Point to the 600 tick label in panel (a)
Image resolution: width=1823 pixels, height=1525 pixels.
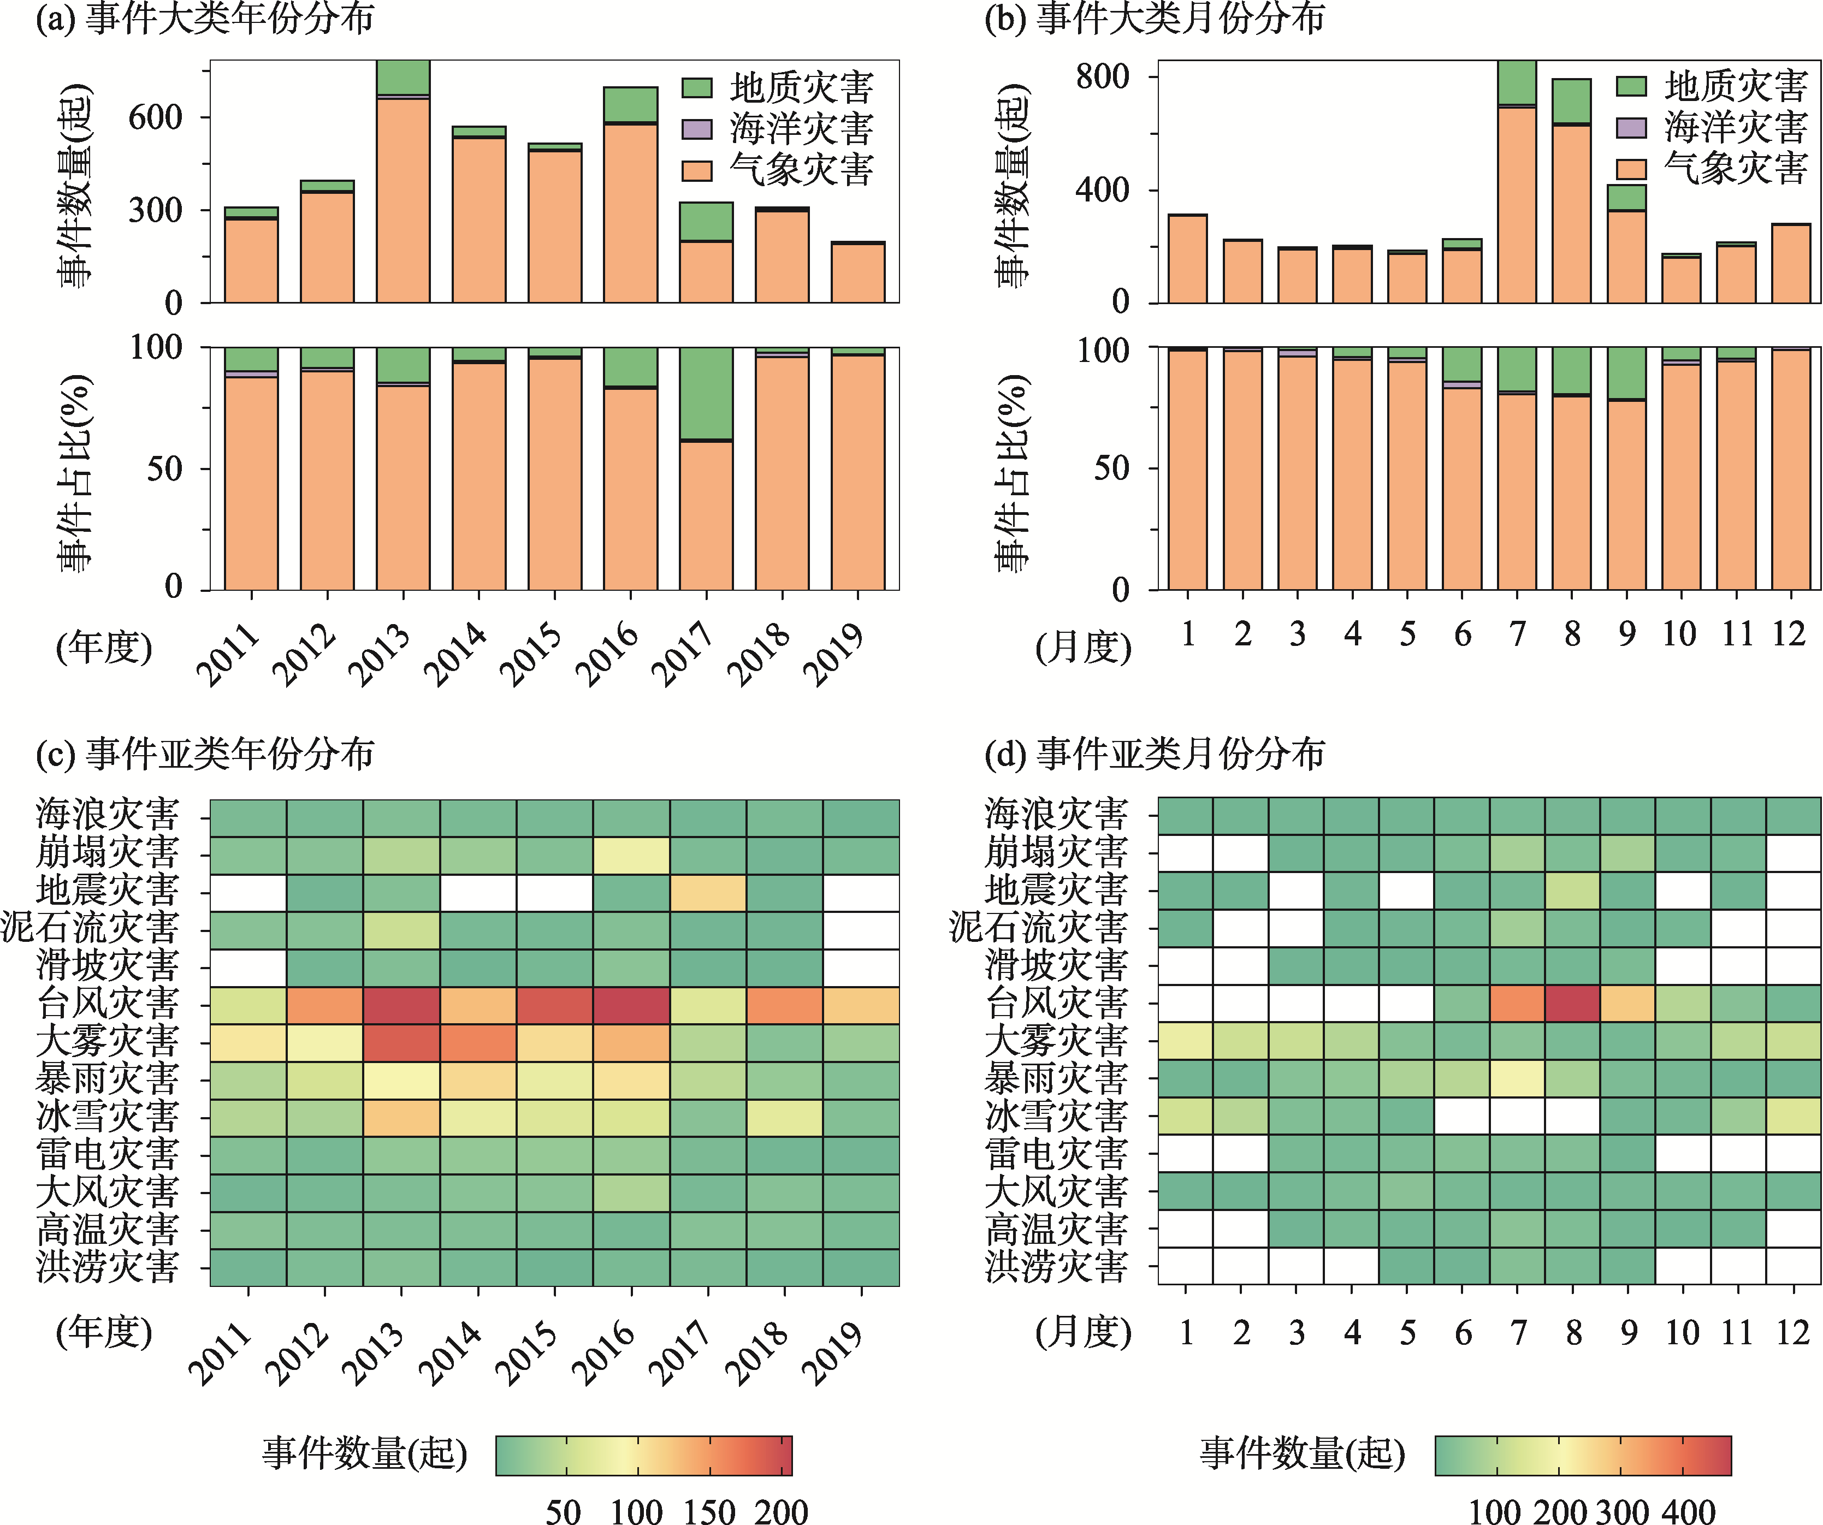[x=156, y=117]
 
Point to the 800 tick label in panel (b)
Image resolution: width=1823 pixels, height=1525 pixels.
[x=1103, y=76]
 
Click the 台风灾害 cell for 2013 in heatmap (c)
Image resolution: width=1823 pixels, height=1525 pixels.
[x=402, y=1005]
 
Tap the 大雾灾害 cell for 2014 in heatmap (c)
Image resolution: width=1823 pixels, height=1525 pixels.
[x=478, y=1042]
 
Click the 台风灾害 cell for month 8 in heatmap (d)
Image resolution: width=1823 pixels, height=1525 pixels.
[x=1572, y=1004]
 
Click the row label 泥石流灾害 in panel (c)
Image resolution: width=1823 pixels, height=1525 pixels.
[x=90, y=928]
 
